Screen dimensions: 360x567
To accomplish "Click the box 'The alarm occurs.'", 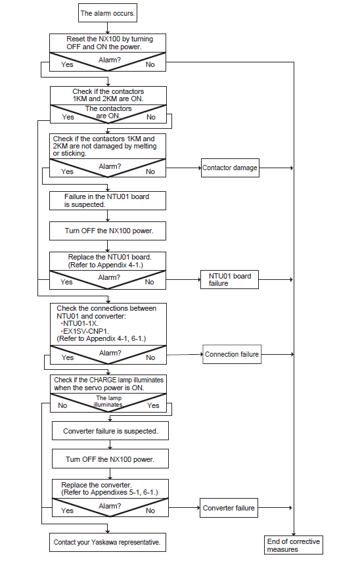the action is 108,13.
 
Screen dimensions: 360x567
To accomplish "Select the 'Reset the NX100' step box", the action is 108,43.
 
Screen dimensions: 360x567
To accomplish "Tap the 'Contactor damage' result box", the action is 230,168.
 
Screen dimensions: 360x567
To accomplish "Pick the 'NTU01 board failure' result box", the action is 229,279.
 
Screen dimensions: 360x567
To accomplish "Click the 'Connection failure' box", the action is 232,354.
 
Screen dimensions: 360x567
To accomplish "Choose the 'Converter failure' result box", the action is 229,508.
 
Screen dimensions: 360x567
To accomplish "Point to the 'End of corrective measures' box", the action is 294,545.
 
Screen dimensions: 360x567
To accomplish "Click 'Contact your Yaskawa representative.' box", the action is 108,542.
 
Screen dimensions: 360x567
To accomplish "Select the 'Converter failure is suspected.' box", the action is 110,431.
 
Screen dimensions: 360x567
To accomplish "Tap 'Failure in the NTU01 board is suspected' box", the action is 108,200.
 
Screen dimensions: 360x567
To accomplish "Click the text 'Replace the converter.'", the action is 97,485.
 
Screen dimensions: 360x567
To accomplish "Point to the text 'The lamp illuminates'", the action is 108,401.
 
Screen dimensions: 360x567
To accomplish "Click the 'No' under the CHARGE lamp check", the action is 62,405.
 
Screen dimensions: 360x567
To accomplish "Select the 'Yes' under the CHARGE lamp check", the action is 153,405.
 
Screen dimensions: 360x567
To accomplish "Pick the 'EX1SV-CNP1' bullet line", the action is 85,331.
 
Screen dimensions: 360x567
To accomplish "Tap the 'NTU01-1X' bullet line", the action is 79,323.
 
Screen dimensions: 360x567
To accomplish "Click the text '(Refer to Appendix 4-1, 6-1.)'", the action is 101,339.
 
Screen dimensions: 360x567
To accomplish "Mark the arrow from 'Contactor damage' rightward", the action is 276,168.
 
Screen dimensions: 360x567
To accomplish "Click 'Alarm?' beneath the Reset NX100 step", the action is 110,60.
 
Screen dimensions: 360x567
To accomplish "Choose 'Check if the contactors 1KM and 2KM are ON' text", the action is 108,95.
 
